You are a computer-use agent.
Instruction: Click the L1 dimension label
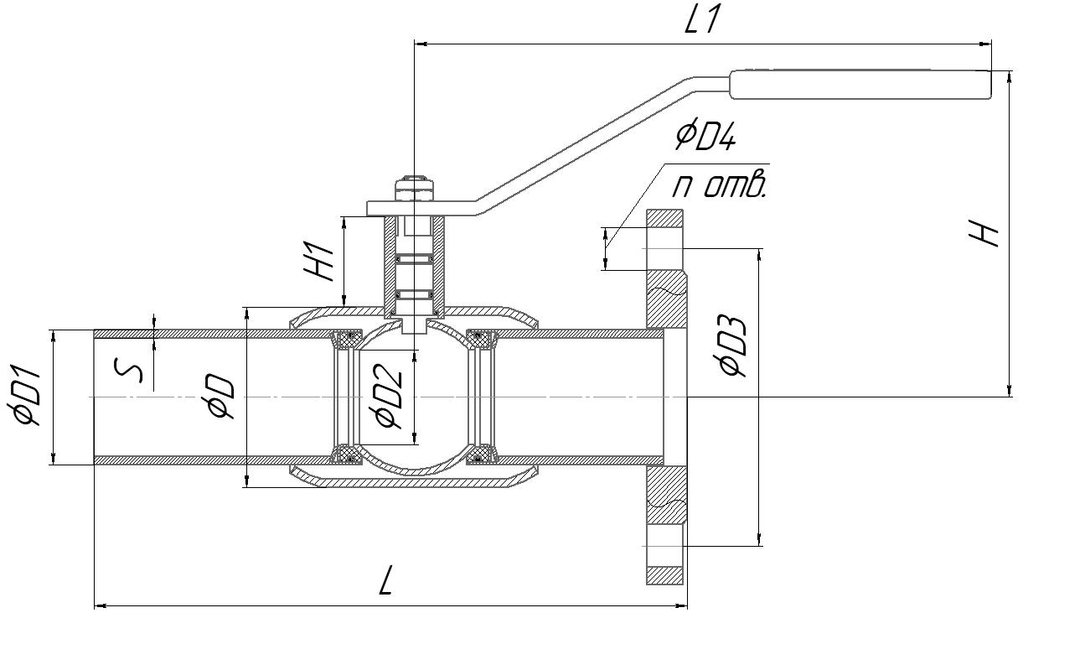tap(702, 21)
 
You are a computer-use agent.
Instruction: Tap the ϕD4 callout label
tap(705, 137)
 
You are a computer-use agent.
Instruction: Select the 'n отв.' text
tap(719, 185)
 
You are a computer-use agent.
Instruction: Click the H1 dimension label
tap(320, 261)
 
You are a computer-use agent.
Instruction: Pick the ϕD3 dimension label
tap(732, 346)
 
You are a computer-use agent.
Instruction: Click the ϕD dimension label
tap(221, 396)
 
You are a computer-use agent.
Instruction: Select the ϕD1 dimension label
tap(27, 397)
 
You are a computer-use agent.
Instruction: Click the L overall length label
tap(385, 580)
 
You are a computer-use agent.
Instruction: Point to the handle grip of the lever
tap(859, 84)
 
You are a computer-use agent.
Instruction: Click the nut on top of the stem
tap(416, 187)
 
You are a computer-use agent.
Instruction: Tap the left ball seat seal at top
tap(344, 339)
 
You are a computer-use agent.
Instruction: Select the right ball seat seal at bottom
tap(479, 454)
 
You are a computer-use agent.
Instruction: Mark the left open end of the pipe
tap(95, 397)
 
